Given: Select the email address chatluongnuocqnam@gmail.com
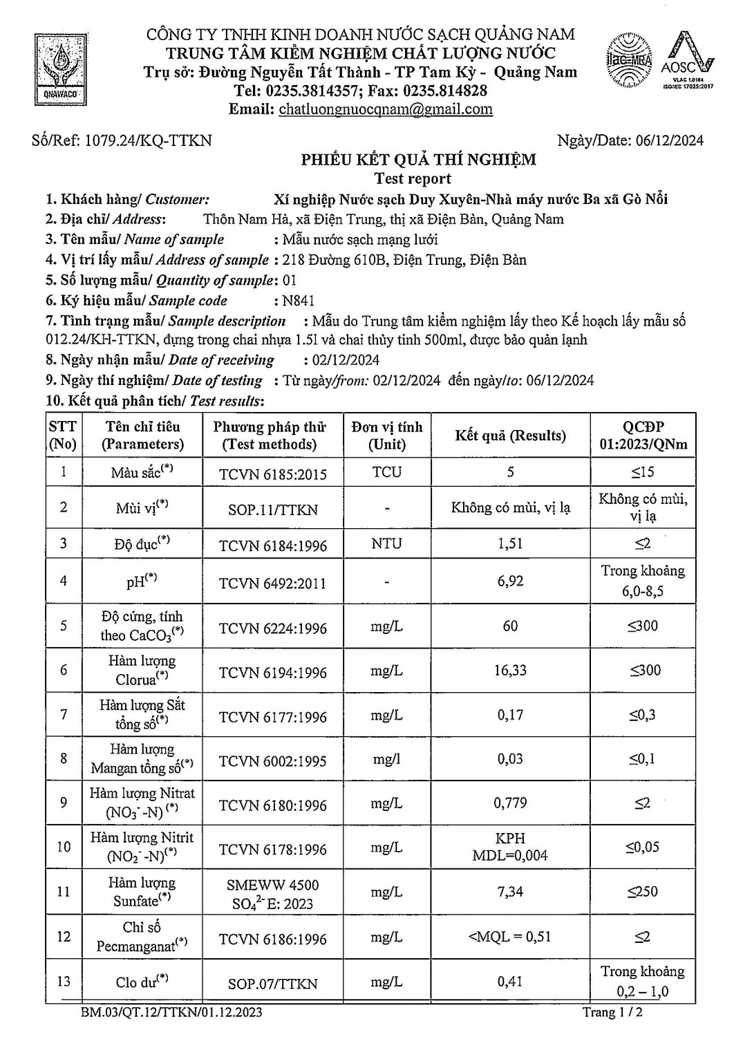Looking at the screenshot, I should [x=385, y=109].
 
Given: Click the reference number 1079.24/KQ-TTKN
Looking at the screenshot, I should [x=147, y=141].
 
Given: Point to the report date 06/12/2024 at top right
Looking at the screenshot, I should [x=667, y=141].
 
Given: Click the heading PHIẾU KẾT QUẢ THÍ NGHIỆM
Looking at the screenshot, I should [x=417, y=160].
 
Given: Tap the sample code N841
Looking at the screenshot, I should [x=294, y=301].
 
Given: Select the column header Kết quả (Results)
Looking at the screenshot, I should [x=510, y=436].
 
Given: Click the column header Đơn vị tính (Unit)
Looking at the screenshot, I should [x=386, y=436].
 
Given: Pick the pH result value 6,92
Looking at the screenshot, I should [x=510, y=581].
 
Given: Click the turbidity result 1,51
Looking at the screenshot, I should [x=510, y=543].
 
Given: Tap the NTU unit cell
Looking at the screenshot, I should [x=386, y=543].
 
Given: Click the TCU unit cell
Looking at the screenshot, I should [x=386, y=472].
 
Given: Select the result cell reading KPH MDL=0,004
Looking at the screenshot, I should [x=510, y=847].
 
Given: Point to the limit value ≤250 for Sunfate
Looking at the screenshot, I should [x=643, y=892].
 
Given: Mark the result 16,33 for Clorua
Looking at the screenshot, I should [x=510, y=670].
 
